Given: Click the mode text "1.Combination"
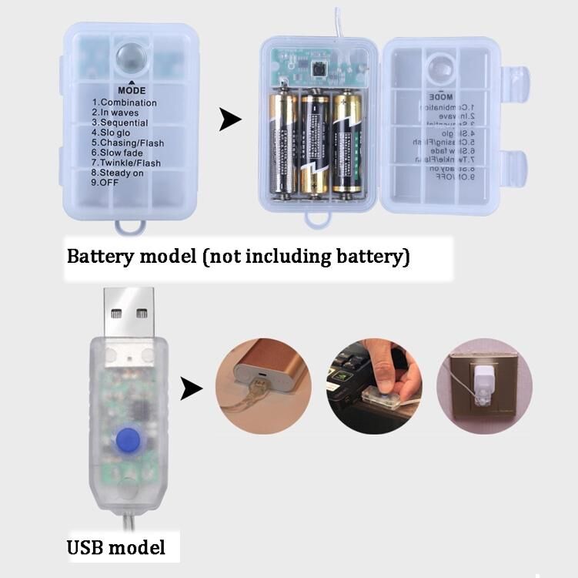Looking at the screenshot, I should pos(124,102).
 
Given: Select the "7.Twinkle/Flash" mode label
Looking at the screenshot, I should pos(126,163).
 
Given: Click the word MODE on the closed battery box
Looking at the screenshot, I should pos(132,90).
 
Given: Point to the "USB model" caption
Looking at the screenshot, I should pos(115,548).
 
